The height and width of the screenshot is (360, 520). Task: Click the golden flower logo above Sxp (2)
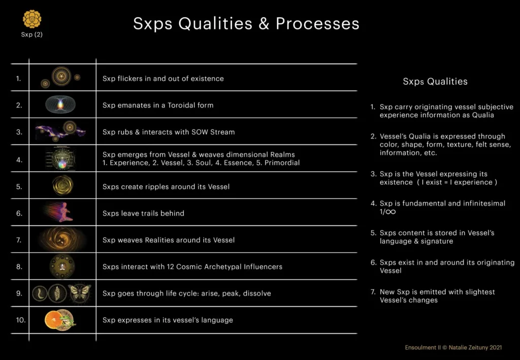[x=32, y=19]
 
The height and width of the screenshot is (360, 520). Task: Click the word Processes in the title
[x=317, y=23]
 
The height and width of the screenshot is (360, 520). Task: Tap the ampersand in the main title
[x=264, y=24]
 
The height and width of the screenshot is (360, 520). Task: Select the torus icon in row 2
[x=60, y=105]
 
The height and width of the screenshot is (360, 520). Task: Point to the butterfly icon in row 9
[x=80, y=293]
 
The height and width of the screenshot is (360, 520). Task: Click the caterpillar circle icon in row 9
[x=40, y=293]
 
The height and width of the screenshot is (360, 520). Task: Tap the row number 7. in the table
[x=19, y=240]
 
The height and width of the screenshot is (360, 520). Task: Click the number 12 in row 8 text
[x=170, y=267]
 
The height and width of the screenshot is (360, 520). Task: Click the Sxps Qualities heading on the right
[x=435, y=82]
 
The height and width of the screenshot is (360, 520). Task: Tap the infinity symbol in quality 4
[x=391, y=212]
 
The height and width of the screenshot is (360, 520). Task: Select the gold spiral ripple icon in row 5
[x=62, y=185]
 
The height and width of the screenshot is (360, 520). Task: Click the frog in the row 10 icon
[x=68, y=320]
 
